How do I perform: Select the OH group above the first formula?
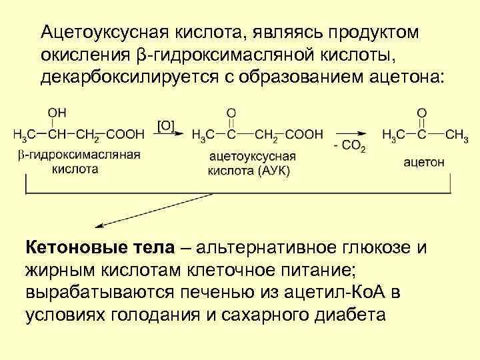click(56, 114)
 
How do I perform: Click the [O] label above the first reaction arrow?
click(166, 125)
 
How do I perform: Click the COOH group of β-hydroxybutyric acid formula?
click(125, 135)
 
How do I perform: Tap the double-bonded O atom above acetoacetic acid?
click(231, 114)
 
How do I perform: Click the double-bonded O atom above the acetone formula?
click(422, 114)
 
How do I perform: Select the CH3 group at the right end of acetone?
click(456, 135)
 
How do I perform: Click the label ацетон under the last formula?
click(425, 161)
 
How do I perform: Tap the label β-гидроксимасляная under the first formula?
click(78, 155)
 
